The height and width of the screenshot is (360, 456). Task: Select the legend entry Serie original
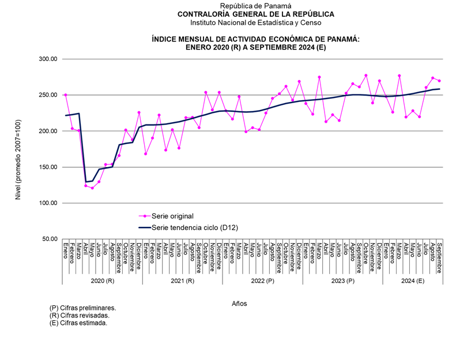[x=172, y=215]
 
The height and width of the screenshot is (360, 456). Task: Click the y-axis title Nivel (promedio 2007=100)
[x=20, y=149]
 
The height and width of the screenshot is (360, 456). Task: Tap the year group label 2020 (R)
[x=103, y=281]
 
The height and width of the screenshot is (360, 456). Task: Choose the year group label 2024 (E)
[x=412, y=281]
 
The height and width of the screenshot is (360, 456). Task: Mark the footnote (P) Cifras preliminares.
[x=82, y=308]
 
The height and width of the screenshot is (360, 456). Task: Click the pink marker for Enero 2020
[x=66, y=94]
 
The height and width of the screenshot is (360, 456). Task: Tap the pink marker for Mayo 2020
[x=92, y=188]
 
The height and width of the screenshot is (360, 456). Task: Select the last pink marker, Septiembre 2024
[x=439, y=81]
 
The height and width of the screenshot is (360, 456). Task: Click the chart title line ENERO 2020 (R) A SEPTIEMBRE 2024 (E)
[x=256, y=47]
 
